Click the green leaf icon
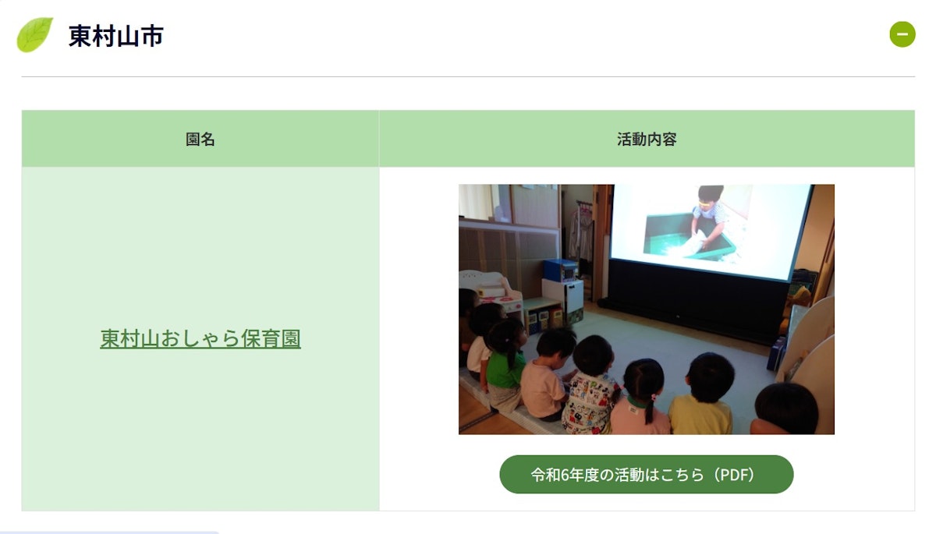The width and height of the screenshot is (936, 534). [34, 34]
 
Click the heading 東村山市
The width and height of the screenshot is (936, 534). [115, 36]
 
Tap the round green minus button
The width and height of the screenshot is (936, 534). [902, 34]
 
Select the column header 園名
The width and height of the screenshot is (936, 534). [200, 139]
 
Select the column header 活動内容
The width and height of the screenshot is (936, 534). [647, 139]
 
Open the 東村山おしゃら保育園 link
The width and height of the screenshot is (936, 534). [200, 338]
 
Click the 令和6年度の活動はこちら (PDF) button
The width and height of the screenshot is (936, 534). [646, 474]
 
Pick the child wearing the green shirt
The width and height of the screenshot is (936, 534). [505, 363]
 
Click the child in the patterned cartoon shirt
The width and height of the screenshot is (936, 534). [591, 386]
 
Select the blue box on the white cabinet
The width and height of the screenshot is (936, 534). [561, 270]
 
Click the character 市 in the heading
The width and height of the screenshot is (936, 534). [152, 36]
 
